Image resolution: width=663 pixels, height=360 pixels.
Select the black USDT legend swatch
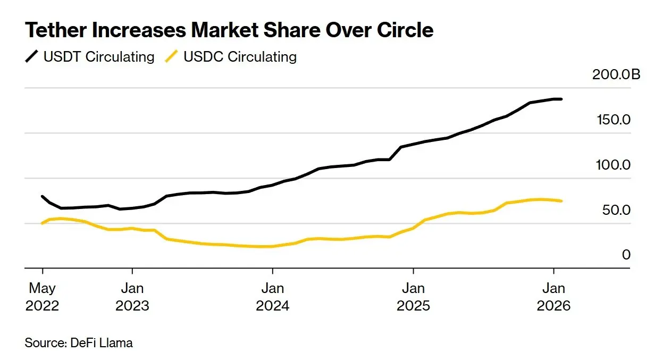click(32, 57)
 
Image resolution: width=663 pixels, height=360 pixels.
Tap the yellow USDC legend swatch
click(171, 57)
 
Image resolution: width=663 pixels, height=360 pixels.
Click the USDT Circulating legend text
click(99, 57)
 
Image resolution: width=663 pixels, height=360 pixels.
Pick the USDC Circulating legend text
click(240, 57)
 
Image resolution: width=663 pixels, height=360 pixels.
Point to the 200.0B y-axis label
click(617, 74)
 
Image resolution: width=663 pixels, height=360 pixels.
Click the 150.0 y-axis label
click(614, 120)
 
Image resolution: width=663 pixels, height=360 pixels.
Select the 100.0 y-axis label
click(614, 165)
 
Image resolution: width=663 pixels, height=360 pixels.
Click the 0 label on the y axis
click(626, 255)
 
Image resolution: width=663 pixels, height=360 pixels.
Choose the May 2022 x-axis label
click(42, 297)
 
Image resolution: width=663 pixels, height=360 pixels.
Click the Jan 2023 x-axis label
click(132, 297)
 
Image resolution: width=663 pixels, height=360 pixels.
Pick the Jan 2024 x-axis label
click(272, 297)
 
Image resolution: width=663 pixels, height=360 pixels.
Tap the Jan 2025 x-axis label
click(413, 297)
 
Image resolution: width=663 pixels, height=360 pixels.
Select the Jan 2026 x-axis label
click(553, 297)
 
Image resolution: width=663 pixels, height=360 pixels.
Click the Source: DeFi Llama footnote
click(79, 343)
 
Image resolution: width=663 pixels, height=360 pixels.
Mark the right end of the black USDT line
click(561, 99)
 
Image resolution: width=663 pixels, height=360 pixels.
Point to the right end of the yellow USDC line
click(561, 201)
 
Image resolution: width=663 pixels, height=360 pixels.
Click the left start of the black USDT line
click(42, 196)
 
